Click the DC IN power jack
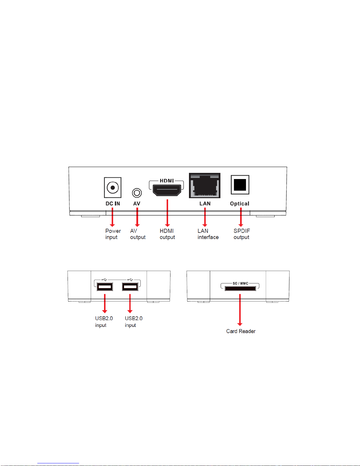click(x=113, y=187)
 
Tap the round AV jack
click(x=137, y=193)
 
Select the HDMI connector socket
click(x=167, y=190)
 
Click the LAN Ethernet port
click(x=205, y=186)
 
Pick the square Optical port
click(x=240, y=185)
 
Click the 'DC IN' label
click(x=113, y=203)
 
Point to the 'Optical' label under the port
click(x=240, y=203)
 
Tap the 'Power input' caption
click(x=113, y=234)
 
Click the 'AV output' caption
click(x=138, y=234)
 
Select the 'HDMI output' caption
click(x=167, y=234)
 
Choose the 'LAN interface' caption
click(x=208, y=234)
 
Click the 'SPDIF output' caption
click(x=242, y=234)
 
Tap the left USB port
click(x=105, y=287)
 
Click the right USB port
click(x=130, y=287)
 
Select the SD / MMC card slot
click(x=240, y=288)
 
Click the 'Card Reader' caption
click(x=241, y=331)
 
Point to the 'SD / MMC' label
click(x=240, y=283)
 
